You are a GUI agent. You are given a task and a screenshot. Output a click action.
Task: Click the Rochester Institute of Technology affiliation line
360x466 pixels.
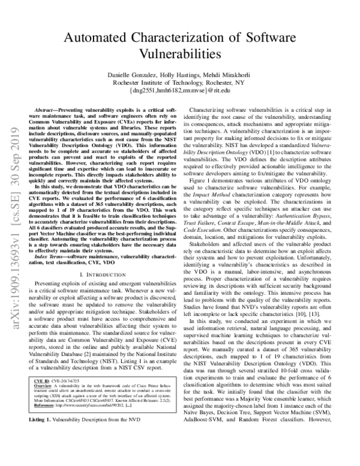click(180, 82)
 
